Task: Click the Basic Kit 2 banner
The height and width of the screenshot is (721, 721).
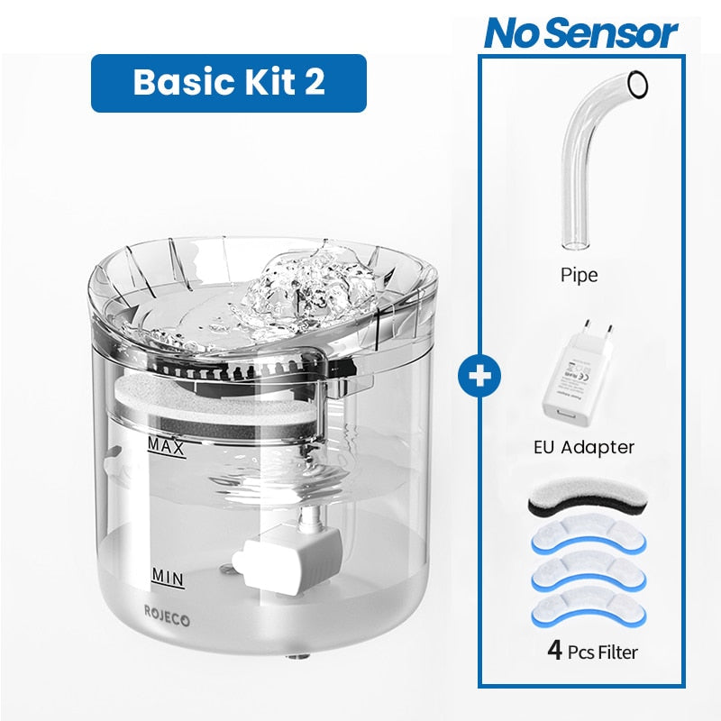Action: (x=229, y=83)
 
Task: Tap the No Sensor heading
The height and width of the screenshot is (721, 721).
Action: (x=580, y=33)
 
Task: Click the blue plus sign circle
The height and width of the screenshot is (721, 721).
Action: (x=479, y=376)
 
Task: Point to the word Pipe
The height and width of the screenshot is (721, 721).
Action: (x=579, y=275)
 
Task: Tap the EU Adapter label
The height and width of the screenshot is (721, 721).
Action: (x=584, y=447)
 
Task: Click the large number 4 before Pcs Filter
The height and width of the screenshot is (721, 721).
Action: (x=555, y=651)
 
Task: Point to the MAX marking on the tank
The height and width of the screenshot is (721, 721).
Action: (x=166, y=447)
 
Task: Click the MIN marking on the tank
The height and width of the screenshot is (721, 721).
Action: (x=168, y=578)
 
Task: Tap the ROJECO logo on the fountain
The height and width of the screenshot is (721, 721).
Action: (x=167, y=616)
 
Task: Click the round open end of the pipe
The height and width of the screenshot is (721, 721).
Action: (x=638, y=85)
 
